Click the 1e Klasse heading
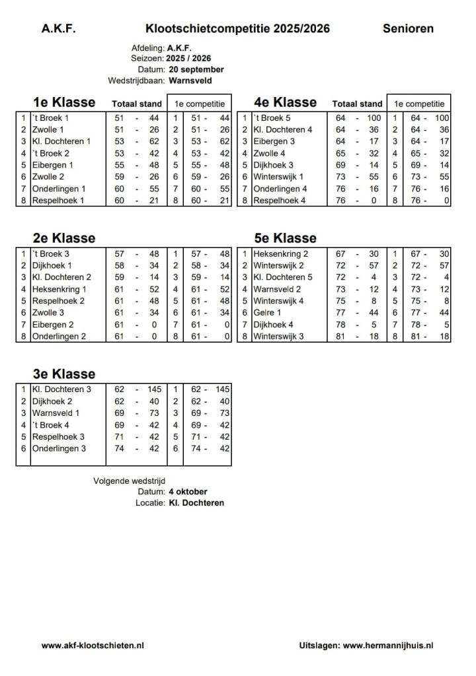pyautogui.click(x=63, y=102)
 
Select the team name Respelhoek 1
pyautogui.click(x=58, y=201)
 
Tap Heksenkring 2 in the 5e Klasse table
pyautogui.click(x=280, y=253)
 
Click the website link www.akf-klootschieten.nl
pyautogui.click(x=93, y=646)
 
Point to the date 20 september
pyautogui.click(x=196, y=69)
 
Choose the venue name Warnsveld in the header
pyautogui.click(x=190, y=81)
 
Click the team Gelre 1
pyautogui.click(x=267, y=313)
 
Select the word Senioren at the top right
pyautogui.click(x=408, y=28)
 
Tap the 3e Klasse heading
pyautogui.click(x=63, y=374)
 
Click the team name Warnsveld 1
pyautogui.click(x=56, y=413)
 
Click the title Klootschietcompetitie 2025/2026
pyautogui.click(x=237, y=28)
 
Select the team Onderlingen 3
pyautogui.click(x=59, y=448)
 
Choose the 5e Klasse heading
pyautogui.click(x=285, y=238)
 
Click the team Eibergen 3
pyautogui.click(x=274, y=141)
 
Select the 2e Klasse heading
pyautogui.click(x=63, y=238)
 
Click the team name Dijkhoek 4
pyautogui.click(x=273, y=325)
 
